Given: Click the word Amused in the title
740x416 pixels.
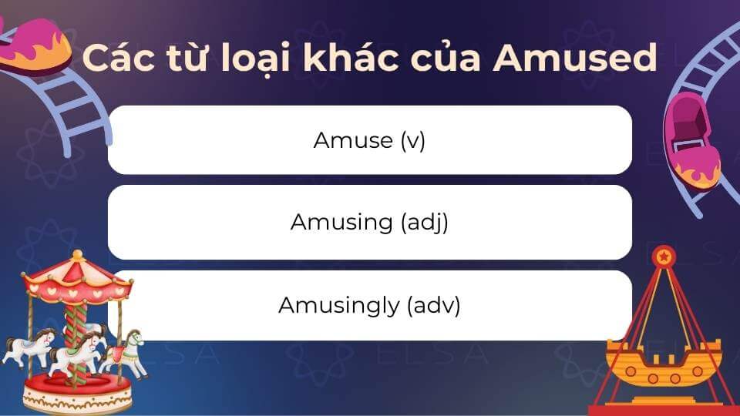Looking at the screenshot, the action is (575, 58).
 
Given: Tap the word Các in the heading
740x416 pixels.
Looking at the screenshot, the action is (118, 58).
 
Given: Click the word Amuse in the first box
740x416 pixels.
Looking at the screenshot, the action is (353, 140).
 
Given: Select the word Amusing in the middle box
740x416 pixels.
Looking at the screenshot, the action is (341, 222).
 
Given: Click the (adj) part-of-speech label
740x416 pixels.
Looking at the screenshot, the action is (424, 222).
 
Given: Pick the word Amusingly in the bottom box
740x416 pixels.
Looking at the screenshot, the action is (339, 305).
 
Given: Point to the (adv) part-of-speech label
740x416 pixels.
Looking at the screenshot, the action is (434, 305).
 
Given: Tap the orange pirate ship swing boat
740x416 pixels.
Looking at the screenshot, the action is (664, 363).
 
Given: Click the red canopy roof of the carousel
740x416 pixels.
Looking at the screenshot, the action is (76, 280).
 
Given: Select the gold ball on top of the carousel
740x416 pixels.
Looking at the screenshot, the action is (77, 255).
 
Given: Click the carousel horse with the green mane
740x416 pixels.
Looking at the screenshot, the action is (125, 352).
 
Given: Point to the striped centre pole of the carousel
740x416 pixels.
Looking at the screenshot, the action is (76, 341).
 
